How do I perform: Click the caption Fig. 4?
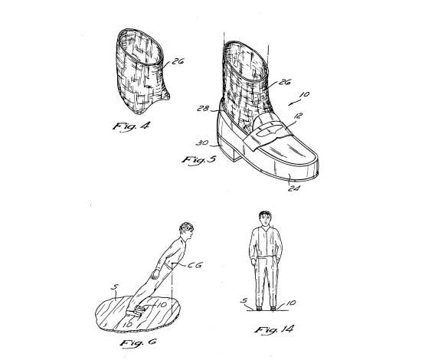[x=131, y=126]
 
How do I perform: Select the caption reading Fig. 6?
[x=139, y=342]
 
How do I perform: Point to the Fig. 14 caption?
[x=274, y=329]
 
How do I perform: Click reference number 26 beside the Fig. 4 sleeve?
[x=178, y=61]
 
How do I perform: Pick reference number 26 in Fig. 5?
[x=284, y=82]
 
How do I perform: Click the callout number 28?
[x=203, y=109]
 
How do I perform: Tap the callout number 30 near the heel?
[x=202, y=142]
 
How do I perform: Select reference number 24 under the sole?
[x=294, y=188]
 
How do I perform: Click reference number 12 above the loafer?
[x=298, y=116]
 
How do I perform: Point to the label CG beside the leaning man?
[x=195, y=265]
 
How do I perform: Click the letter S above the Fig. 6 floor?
[x=113, y=287]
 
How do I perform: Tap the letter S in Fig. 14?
[x=244, y=300]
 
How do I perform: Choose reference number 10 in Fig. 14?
[x=290, y=303]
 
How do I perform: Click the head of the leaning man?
[x=186, y=231]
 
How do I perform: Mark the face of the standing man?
[x=266, y=220]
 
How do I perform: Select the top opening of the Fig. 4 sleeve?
[x=141, y=46]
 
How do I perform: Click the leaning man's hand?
[x=155, y=274]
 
